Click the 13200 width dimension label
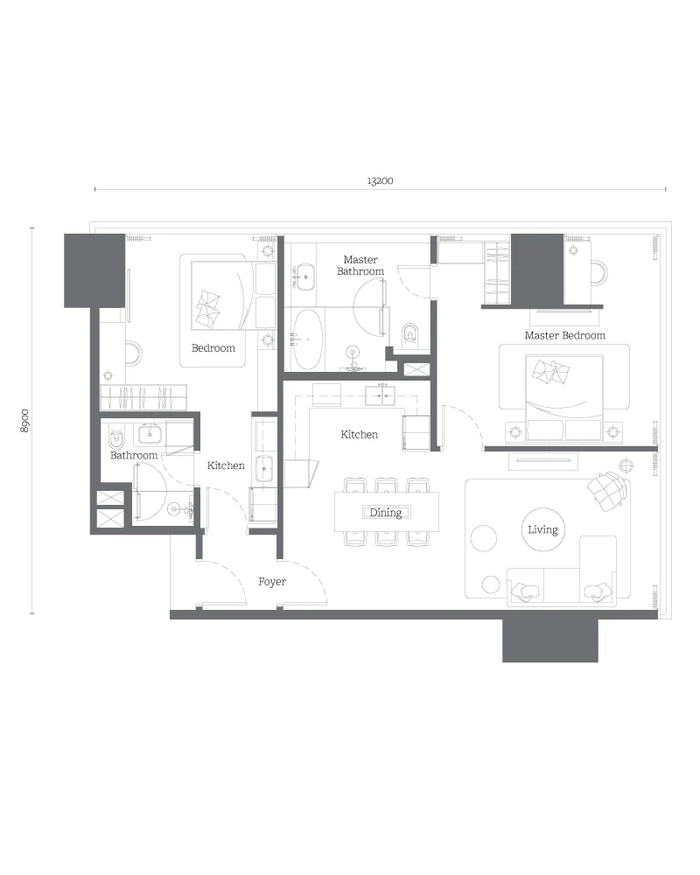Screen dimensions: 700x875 380,181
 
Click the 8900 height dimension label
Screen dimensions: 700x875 24,421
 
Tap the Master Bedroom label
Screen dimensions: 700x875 565,335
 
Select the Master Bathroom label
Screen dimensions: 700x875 360,265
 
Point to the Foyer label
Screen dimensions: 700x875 272,582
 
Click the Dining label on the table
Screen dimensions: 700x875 386,512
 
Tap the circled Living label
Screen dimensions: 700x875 542,529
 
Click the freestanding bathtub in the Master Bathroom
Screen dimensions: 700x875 308,339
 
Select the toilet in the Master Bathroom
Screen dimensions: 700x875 409,334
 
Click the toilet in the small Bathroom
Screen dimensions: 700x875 115,439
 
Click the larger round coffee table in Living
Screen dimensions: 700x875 483,538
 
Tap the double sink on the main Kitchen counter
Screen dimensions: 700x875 380,395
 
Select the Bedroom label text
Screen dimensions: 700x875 213,348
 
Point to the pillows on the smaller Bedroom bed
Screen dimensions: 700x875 206,309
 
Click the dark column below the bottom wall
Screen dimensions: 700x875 549,640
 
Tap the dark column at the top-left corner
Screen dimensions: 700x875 94,270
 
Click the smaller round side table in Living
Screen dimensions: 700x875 491,584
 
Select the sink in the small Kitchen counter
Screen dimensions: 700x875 264,468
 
